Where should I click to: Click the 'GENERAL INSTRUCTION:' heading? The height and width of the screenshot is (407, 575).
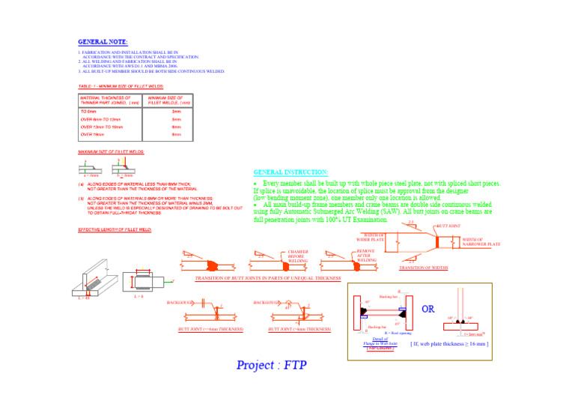(x=291, y=172)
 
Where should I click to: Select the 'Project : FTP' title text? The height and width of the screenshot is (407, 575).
(x=272, y=366)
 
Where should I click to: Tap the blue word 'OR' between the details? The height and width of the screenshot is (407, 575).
(x=428, y=309)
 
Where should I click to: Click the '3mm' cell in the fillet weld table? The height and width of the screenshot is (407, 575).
(x=177, y=111)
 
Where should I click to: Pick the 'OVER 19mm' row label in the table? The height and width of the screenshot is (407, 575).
(x=94, y=134)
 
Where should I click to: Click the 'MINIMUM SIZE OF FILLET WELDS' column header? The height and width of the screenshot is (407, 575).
(x=169, y=100)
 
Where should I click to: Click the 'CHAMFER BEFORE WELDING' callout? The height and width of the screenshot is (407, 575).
(x=298, y=256)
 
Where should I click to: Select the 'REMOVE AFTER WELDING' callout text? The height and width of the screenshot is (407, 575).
(x=366, y=256)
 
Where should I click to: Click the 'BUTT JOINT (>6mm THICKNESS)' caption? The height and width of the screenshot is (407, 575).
(x=300, y=329)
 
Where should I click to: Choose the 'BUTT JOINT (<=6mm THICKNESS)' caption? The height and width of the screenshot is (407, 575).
(x=210, y=329)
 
